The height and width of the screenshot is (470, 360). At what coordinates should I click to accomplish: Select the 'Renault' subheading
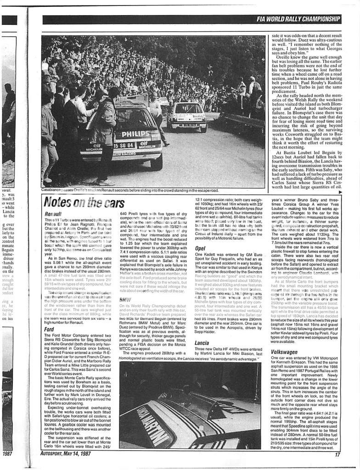click(54, 214)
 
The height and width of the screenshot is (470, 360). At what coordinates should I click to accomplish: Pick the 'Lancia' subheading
click(202, 343)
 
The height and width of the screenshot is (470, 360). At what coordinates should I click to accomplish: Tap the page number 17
click(337, 455)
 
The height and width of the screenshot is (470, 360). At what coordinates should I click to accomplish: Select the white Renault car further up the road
click(188, 117)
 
